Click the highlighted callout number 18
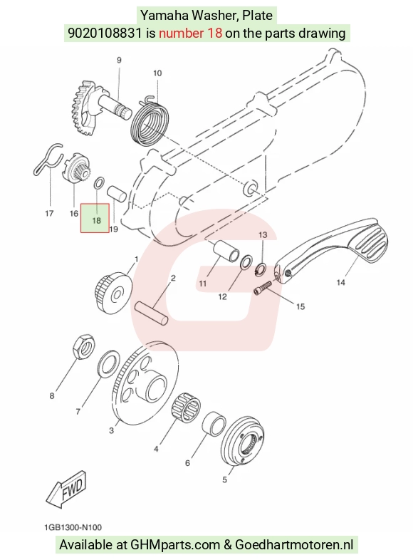[96, 221]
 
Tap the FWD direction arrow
[66, 488]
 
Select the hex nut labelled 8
[84, 346]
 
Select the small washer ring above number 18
[99, 183]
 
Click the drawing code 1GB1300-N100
[73, 527]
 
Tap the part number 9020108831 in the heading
[105, 33]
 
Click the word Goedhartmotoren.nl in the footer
[294, 545]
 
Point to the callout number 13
[263, 235]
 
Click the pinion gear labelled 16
[75, 168]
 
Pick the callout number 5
[224, 479]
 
